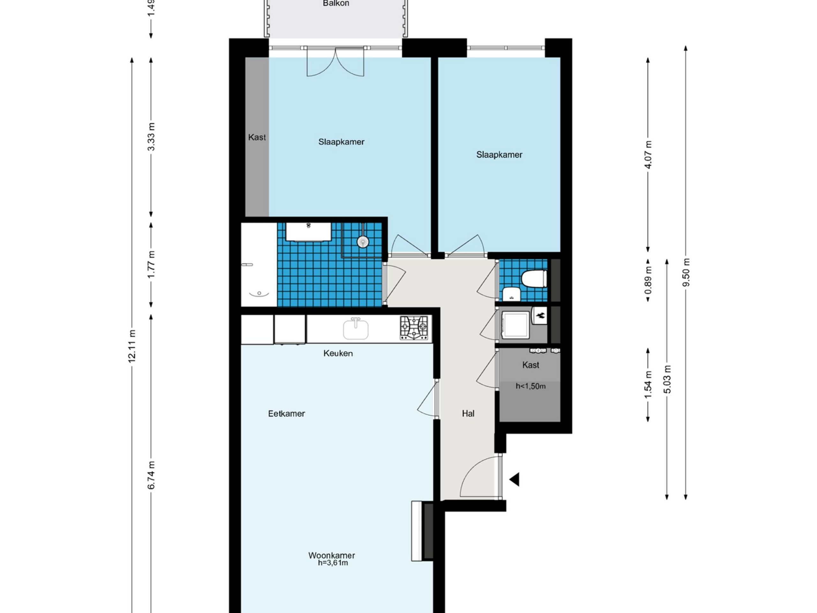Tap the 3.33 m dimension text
point(151,137)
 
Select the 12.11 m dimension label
point(132,346)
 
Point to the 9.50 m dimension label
point(686,272)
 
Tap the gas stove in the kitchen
point(414,327)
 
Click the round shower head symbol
point(363,242)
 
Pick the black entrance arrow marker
point(514,480)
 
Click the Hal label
point(468,413)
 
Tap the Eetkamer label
point(286,413)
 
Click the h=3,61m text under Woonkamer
point(333,563)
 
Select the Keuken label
point(338,353)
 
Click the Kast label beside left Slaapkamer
point(257,138)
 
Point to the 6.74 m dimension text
point(151,475)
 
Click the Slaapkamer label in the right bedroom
point(499,155)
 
